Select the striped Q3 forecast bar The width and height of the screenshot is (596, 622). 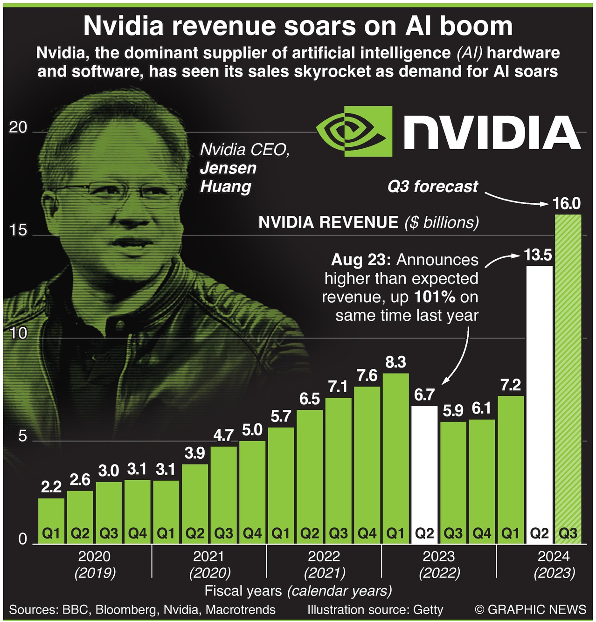click(568, 378)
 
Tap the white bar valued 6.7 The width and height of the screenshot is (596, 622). click(424, 471)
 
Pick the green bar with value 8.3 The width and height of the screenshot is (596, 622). click(395, 457)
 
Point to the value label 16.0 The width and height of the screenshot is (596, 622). click(567, 204)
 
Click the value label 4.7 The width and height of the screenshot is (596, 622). click(223, 435)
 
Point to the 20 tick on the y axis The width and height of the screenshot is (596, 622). click(18, 128)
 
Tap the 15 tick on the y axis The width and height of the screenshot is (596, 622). click(18, 231)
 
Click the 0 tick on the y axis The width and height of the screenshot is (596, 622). click(22, 539)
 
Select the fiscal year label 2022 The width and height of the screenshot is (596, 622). click(324, 556)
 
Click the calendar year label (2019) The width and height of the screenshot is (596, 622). click(95, 573)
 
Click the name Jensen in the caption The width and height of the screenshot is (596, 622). click(228, 168)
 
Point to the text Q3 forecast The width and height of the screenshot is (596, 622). click(432, 187)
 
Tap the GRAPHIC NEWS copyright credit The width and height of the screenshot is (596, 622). click(530, 609)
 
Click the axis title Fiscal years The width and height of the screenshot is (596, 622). click(243, 591)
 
